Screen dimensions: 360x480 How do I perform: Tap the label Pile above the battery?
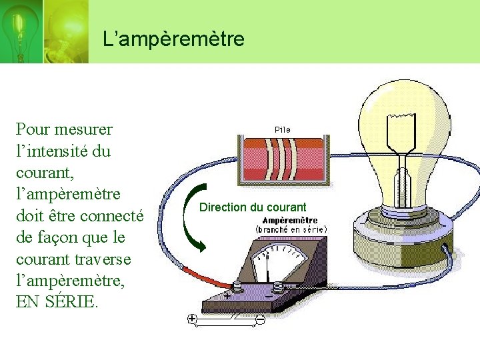click(282, 129)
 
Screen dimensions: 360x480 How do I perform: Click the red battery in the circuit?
click(283, 161)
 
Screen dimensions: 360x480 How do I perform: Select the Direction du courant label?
click(253, 207)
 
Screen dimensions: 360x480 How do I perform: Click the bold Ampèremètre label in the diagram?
click(290, 220)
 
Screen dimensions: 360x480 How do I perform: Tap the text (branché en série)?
click(291, 229)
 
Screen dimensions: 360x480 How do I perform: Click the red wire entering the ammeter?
click(200, 274)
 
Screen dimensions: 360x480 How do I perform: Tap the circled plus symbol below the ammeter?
click(192, 319)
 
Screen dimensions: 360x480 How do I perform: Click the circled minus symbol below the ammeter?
click(260, 320)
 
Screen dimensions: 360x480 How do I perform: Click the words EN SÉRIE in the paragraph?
click(56, 302)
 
